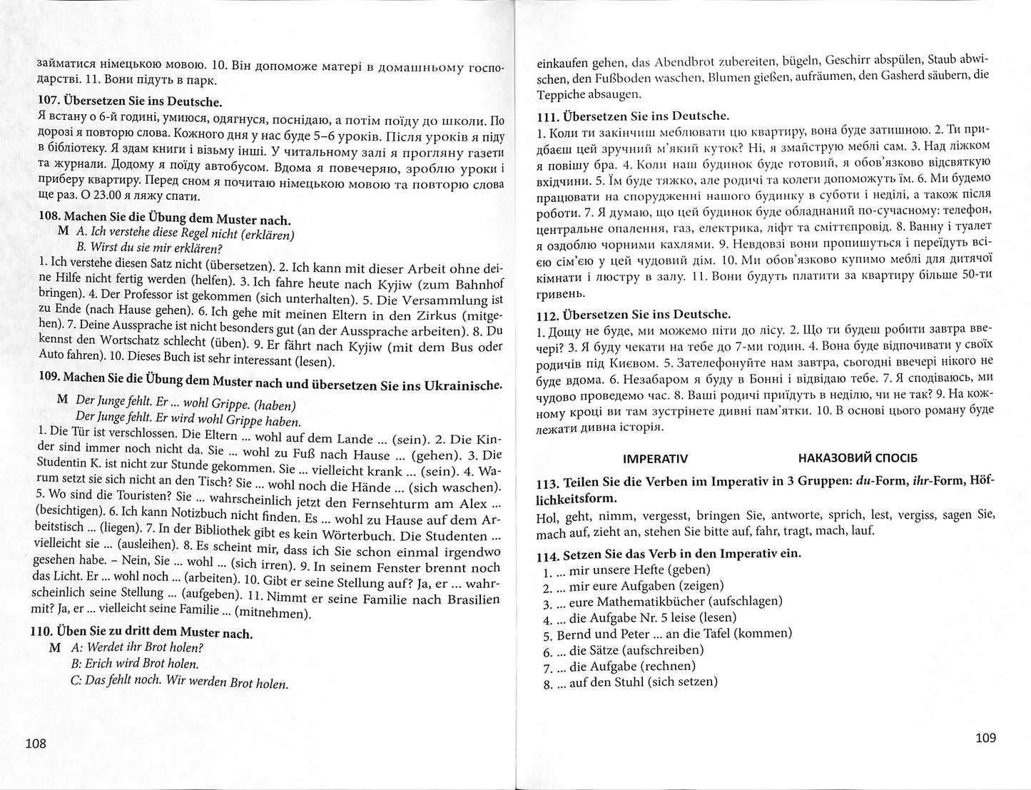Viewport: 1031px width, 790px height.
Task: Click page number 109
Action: pos(985,738)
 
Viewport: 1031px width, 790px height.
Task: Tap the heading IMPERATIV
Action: pos(655,457)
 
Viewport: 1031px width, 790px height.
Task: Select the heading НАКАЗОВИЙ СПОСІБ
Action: pos(858,457)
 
